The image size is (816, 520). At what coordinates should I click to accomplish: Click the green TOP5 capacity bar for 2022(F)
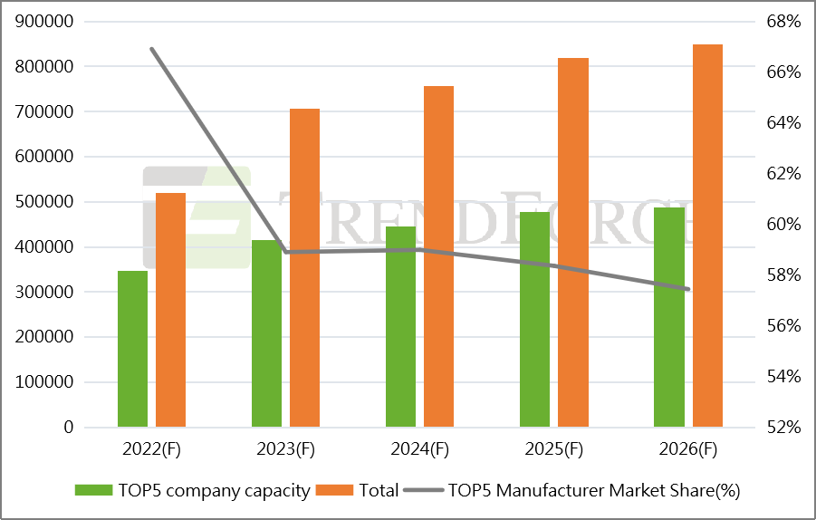pos(132,349)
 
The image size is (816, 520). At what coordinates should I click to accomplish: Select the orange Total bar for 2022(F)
pos(170,310)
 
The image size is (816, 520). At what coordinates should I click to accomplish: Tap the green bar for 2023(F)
pos(266,333)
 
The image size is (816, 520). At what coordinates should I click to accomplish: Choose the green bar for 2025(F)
pos(534,319)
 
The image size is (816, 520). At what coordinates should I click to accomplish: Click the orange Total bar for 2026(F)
pos(707,236)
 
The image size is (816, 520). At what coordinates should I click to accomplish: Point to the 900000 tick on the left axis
pos(44,22)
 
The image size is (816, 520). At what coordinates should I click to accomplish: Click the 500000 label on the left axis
pos(44,202)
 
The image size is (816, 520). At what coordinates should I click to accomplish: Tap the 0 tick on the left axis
pos(69,428)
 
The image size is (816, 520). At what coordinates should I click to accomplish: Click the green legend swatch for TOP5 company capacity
pos(93,491)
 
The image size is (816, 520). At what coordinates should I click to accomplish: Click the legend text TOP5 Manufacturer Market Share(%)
pos(594,491)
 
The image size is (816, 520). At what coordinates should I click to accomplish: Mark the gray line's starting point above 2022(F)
pos(151,49)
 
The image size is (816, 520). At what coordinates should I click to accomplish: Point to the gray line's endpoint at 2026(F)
pos(688,289)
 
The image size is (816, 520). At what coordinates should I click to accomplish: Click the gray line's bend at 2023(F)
pos(286,252)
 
